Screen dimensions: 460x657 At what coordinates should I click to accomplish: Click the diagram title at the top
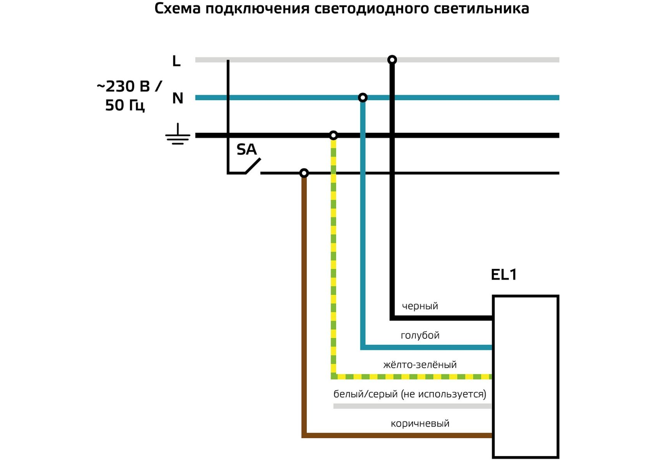pos(342,8)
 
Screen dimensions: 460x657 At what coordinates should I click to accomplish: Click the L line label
pos(176,61)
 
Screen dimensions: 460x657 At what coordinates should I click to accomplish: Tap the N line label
pos(178,98)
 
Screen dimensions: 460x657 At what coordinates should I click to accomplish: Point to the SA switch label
pos(246,149)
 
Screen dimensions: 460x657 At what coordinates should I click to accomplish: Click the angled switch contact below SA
pos(253,166)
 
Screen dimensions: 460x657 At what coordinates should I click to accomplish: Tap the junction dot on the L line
pos(392,60)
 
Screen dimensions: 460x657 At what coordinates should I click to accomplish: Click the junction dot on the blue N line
pos(362,98)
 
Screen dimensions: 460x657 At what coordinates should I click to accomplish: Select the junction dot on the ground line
pos(334,135)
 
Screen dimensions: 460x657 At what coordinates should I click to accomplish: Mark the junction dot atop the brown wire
pos(304,173)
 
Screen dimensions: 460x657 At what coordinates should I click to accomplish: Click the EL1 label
pos(503,275)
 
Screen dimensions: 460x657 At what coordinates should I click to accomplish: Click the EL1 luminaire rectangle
pos(525,377)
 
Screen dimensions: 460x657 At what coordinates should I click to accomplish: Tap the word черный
pos(420,306)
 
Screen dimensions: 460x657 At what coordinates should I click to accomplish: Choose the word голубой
pos(420,335)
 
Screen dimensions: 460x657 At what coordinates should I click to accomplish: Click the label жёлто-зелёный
pos(420,365)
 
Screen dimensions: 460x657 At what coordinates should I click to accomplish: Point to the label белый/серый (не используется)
pos(410,394)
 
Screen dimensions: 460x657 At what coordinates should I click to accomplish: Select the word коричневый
pos(420,423)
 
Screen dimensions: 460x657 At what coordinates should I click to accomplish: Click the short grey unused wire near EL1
pos(412,406)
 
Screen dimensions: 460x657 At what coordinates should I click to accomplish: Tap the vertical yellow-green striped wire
pos(334,255)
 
